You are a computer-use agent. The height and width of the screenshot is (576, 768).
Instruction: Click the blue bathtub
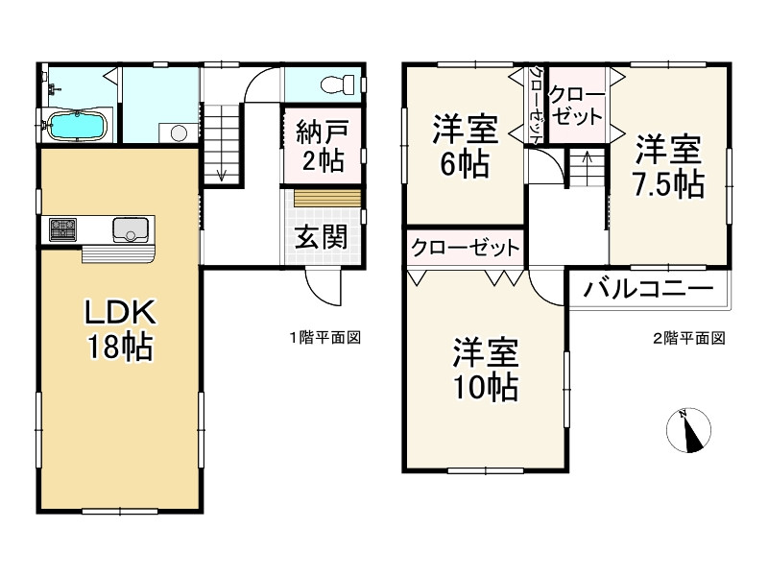tap(77, 126)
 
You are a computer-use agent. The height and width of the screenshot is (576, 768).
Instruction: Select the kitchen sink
tap(130, 229)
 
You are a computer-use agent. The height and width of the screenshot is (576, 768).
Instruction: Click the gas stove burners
tap(64, 229)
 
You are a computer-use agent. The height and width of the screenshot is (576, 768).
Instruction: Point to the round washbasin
tap(176, 133)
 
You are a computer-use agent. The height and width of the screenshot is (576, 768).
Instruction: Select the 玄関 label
tap(320, 236)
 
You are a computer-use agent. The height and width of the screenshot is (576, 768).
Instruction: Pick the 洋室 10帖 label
tap(486, 370)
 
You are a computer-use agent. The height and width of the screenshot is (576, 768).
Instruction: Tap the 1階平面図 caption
tap(325, 338)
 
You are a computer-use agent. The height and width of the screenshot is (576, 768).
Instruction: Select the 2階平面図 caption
tap(688, 338)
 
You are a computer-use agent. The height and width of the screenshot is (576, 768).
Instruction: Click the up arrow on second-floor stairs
tap(586, 156)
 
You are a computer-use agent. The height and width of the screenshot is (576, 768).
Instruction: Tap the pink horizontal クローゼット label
tap(465, 248)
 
